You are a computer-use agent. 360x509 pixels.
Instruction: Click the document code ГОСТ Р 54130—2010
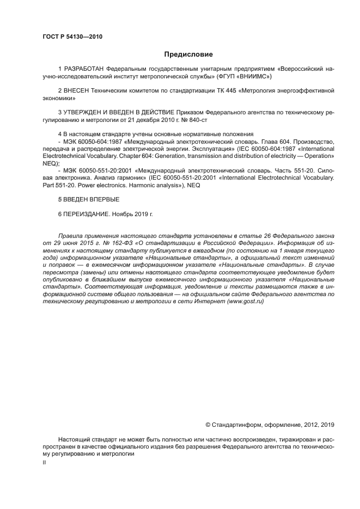tap(72, 37)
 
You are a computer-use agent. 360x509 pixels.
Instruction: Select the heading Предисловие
tap(188, 54)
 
